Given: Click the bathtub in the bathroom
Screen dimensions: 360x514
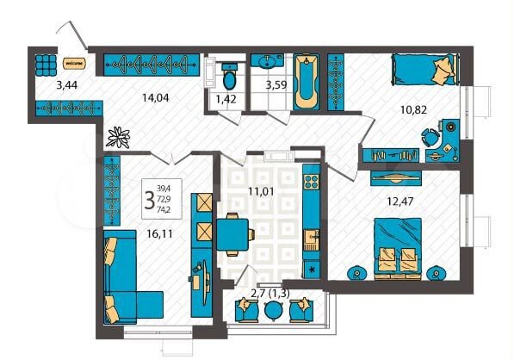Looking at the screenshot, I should click(307, 83).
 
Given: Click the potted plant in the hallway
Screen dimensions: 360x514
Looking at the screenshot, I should click(116, 136).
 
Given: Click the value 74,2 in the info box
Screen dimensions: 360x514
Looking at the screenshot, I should click(163, 208).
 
